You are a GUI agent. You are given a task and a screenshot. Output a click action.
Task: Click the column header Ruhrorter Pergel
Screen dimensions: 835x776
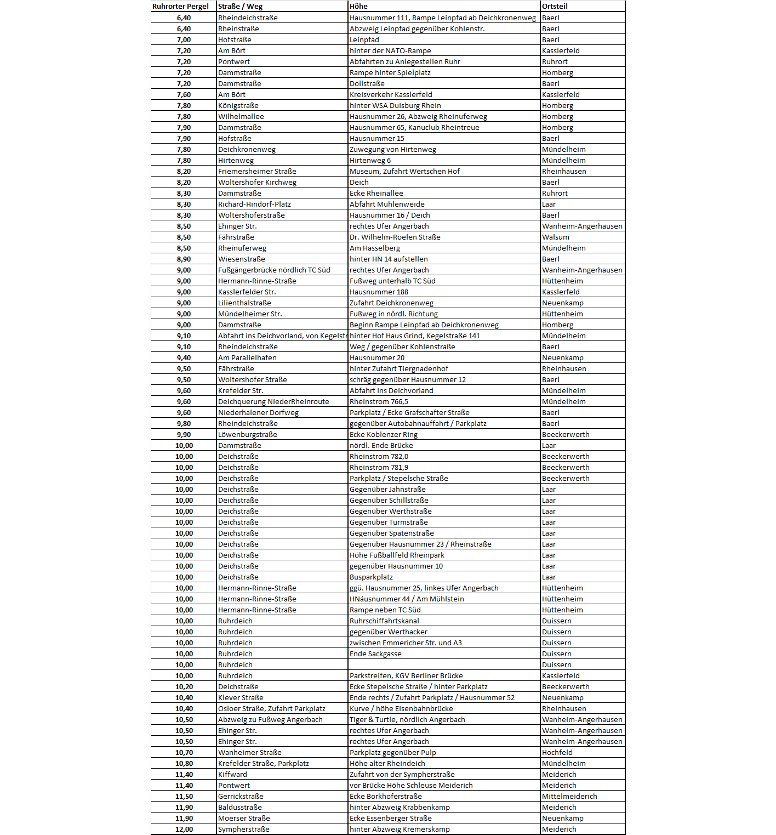180,7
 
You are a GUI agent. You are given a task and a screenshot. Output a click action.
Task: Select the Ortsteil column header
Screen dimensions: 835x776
555,7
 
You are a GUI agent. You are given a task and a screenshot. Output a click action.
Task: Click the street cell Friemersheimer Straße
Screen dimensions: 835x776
257,171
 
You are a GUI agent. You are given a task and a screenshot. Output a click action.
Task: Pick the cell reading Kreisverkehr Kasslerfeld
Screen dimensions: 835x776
391,94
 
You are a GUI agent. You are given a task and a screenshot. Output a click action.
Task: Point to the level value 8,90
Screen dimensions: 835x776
184,259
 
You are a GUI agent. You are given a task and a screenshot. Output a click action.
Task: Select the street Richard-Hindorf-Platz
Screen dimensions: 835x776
254,204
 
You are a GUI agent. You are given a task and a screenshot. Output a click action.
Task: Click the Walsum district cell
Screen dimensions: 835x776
555,237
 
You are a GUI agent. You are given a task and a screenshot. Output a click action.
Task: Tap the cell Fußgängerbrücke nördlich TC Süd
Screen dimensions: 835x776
274,270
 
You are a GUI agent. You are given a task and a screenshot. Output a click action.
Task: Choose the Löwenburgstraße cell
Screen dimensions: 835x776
247,434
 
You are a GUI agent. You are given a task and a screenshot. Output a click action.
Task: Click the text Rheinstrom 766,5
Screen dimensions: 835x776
379,401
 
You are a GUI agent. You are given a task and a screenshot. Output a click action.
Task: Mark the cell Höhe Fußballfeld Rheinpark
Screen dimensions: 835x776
397,555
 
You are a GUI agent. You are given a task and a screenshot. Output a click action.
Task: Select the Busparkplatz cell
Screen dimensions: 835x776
371,577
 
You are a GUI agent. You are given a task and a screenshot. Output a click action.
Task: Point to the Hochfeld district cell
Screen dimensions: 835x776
557,752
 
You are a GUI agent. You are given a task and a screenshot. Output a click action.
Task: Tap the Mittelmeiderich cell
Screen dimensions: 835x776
569,796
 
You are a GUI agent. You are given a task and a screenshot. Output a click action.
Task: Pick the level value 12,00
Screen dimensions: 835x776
184,829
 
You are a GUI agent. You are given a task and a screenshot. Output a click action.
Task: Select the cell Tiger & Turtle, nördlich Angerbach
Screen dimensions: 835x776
407,719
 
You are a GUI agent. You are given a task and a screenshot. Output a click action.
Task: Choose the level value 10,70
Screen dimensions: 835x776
184,752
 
